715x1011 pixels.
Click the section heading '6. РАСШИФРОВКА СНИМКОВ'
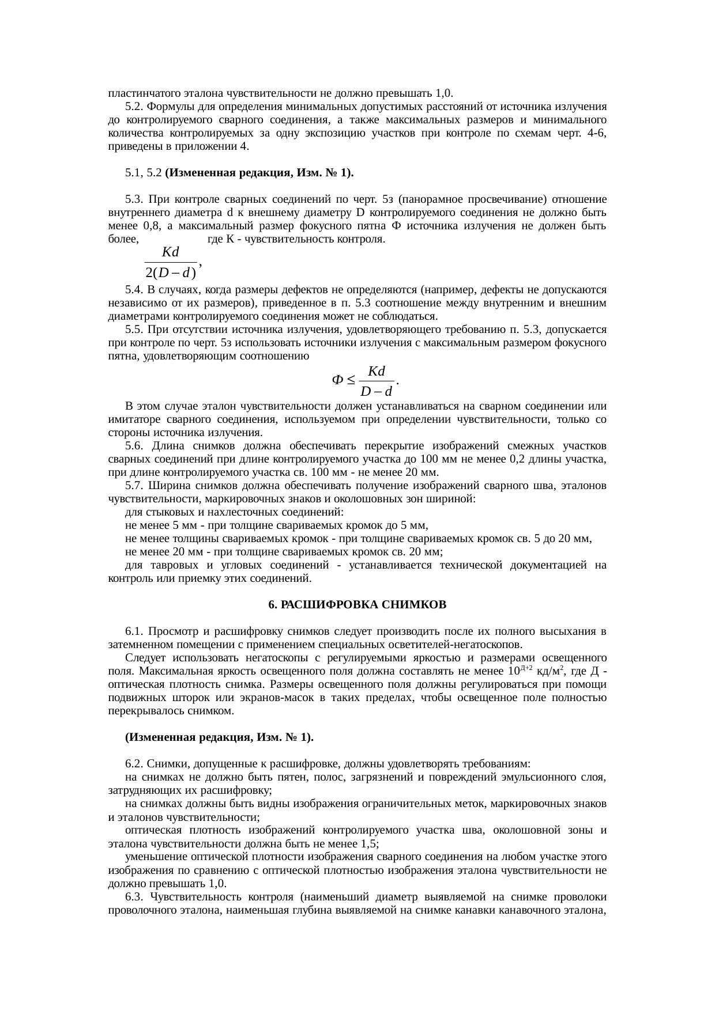[x=357, y=605]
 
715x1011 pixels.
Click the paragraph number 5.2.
[x=134, y=107]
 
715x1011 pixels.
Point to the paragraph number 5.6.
[x=134, y=446]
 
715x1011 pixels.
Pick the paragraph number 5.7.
[x=134, y=486]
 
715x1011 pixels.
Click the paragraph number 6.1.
[x=134, y=631]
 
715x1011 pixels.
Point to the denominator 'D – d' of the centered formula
[x=376, y=392]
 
